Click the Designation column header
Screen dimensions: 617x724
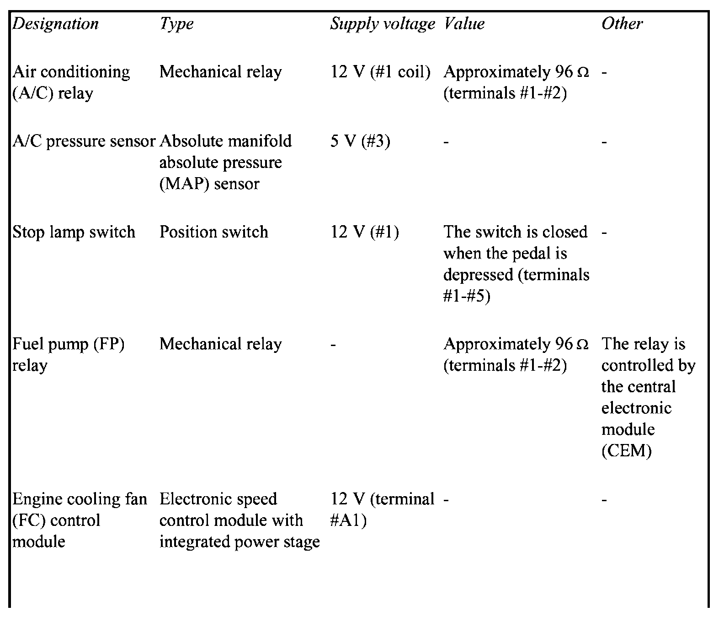click(55, 24)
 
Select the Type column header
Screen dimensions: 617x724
click(176, 24)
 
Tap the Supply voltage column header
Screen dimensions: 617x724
click(382, 24)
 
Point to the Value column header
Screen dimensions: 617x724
click(464, 24)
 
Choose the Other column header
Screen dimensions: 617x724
click(622, 24)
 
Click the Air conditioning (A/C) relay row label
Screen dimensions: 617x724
click(71, 82)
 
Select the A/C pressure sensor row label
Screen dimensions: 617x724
click(84, 141)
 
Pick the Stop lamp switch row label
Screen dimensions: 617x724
click(74, 232)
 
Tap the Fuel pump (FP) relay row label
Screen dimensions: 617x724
click(68, 354)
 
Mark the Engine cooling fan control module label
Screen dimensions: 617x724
click(80, 520)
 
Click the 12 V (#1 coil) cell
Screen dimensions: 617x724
click(380, 72)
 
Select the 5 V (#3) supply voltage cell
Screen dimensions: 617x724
click(360, 141)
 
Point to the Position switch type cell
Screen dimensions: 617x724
click(213, 232)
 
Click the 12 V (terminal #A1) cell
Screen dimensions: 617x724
click(382, 509)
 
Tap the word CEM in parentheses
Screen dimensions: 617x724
click(626, 451)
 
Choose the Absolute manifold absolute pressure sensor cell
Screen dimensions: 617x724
click(225, 162)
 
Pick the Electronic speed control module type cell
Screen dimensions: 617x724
click(239, 520)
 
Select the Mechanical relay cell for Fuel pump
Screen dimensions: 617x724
click(220, 344)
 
